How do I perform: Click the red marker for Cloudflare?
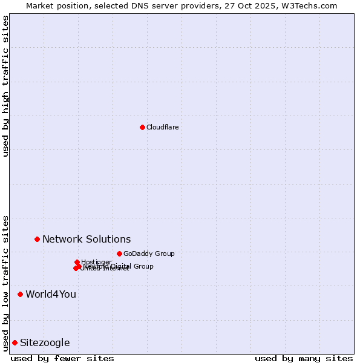point(142,127)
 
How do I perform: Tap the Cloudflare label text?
point(162,127)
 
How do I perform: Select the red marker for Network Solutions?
point(37,239)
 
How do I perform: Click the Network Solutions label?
point(87,239)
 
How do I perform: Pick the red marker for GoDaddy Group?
point(119,253)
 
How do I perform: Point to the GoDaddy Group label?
point(149,253)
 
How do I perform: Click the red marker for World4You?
point(20,294)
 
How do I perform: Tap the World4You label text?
point(51,294)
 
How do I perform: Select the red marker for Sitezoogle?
point(15,342)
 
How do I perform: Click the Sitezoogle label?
point(45,342)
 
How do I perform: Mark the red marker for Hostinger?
point(77,262)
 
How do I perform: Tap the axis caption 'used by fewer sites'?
point(62,358)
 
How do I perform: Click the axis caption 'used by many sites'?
point(304,358)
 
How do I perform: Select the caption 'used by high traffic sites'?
point(5,86)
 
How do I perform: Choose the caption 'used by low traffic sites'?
point(5,283)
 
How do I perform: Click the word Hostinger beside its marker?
point(96,262)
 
